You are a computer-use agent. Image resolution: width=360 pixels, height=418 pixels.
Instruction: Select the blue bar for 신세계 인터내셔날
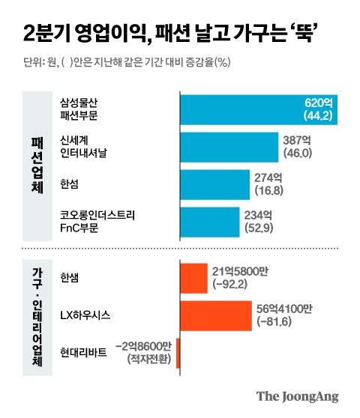(225, 146)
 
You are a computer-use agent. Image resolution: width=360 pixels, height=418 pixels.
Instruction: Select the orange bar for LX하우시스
(215, 315)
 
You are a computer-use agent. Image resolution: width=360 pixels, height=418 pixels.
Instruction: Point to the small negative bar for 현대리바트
(178, 353)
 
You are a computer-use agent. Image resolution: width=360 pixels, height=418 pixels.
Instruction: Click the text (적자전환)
(149, 360)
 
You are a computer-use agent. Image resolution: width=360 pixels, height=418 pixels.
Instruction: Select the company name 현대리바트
(84, 353)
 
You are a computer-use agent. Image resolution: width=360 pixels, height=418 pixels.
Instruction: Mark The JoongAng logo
(297, 396)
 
